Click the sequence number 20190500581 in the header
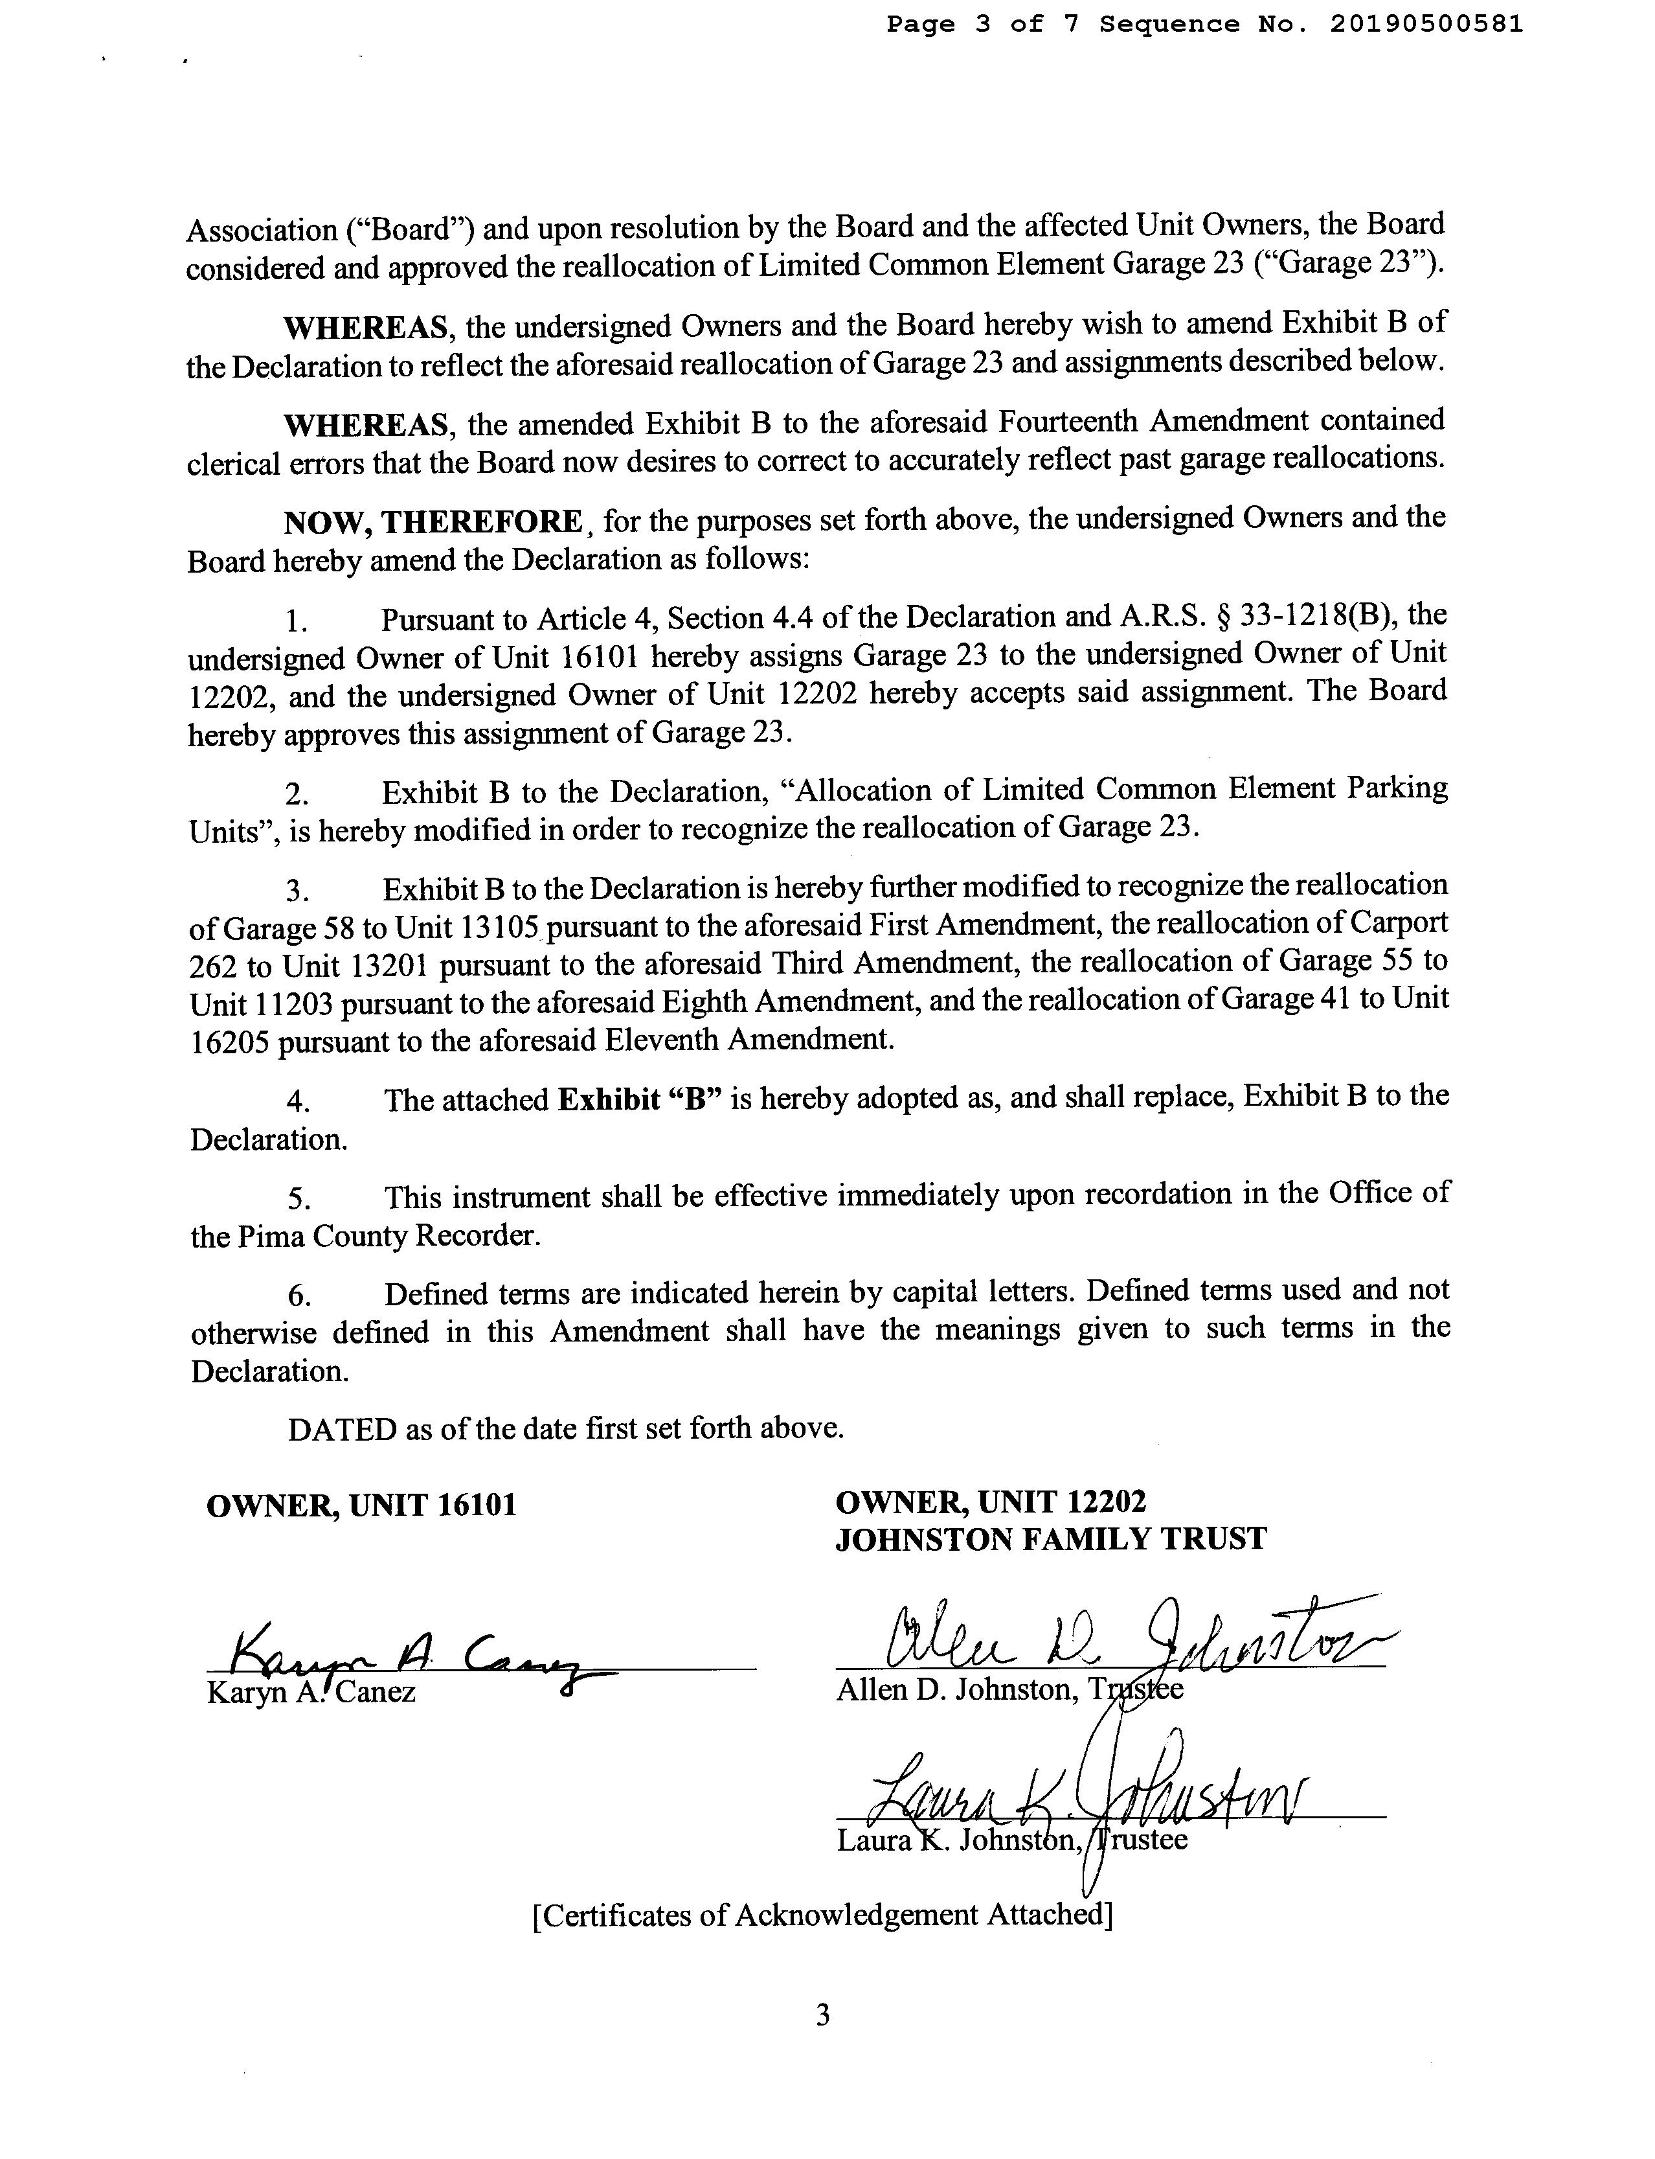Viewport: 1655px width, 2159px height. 1426,25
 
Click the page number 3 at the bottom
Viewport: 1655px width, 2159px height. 824,2015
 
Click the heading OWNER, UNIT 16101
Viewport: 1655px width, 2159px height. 361,1505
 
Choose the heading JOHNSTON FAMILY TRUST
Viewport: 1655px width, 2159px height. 1050,1539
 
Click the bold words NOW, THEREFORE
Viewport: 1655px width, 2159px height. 433,521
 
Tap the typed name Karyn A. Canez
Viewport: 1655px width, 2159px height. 311,1693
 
